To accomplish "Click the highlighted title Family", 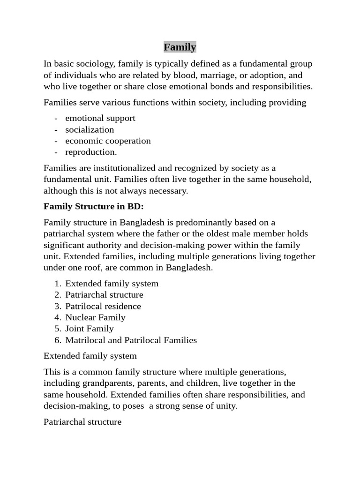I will [x=180, y=47].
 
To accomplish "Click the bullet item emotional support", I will [x=100, y=118].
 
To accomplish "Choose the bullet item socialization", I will [x=90, y=129].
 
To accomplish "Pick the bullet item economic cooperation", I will [x=108, y=141].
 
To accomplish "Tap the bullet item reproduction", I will [x=91, y=152].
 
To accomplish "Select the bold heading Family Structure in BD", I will [x=93, y=206].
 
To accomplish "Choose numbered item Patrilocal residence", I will [x=103, y=306].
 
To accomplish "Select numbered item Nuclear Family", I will [x=96, y=317].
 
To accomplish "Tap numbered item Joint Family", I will [x=90, y=329].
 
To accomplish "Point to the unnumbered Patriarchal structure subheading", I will [x=82, y=421].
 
